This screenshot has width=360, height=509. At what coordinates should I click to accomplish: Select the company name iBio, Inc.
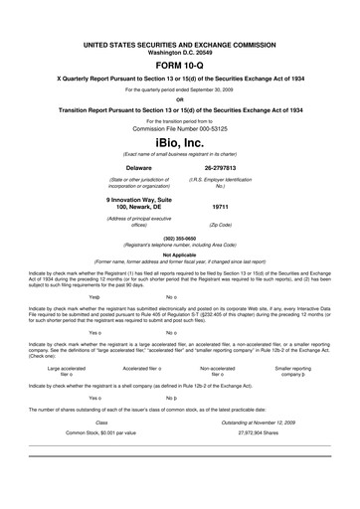179,142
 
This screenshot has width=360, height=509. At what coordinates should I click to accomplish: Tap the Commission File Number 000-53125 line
179,128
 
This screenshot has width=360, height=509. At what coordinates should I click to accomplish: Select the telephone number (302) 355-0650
179,239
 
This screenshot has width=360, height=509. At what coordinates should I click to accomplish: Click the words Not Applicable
179,254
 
